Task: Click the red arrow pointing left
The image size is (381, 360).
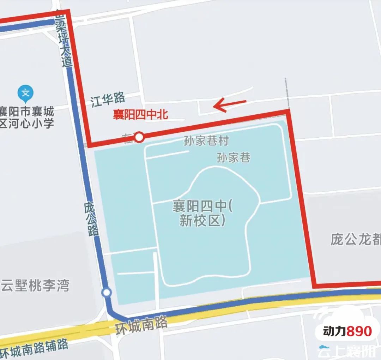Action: [x=229, y=104]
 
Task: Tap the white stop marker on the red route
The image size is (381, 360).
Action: [x=140, y=137]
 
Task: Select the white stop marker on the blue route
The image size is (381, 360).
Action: [x=106, y=293]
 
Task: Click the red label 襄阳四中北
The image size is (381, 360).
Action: [x=140, y=115]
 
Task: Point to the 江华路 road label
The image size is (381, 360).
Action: [x=108, y=100]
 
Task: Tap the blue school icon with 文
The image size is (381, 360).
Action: [x=25, y=93]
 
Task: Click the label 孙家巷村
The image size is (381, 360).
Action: [x=206, y=141]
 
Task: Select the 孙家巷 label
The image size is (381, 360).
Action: [x=234, y=157]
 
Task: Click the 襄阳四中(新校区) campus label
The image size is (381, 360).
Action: [x=202, y=213]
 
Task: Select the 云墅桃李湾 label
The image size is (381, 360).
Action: [x=35, y=285]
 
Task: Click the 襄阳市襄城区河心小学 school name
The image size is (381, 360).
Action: [x=27, y=118]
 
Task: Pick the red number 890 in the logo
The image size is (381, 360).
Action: [x=359, y=331]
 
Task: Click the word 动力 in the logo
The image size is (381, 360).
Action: [x=334, y=331]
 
